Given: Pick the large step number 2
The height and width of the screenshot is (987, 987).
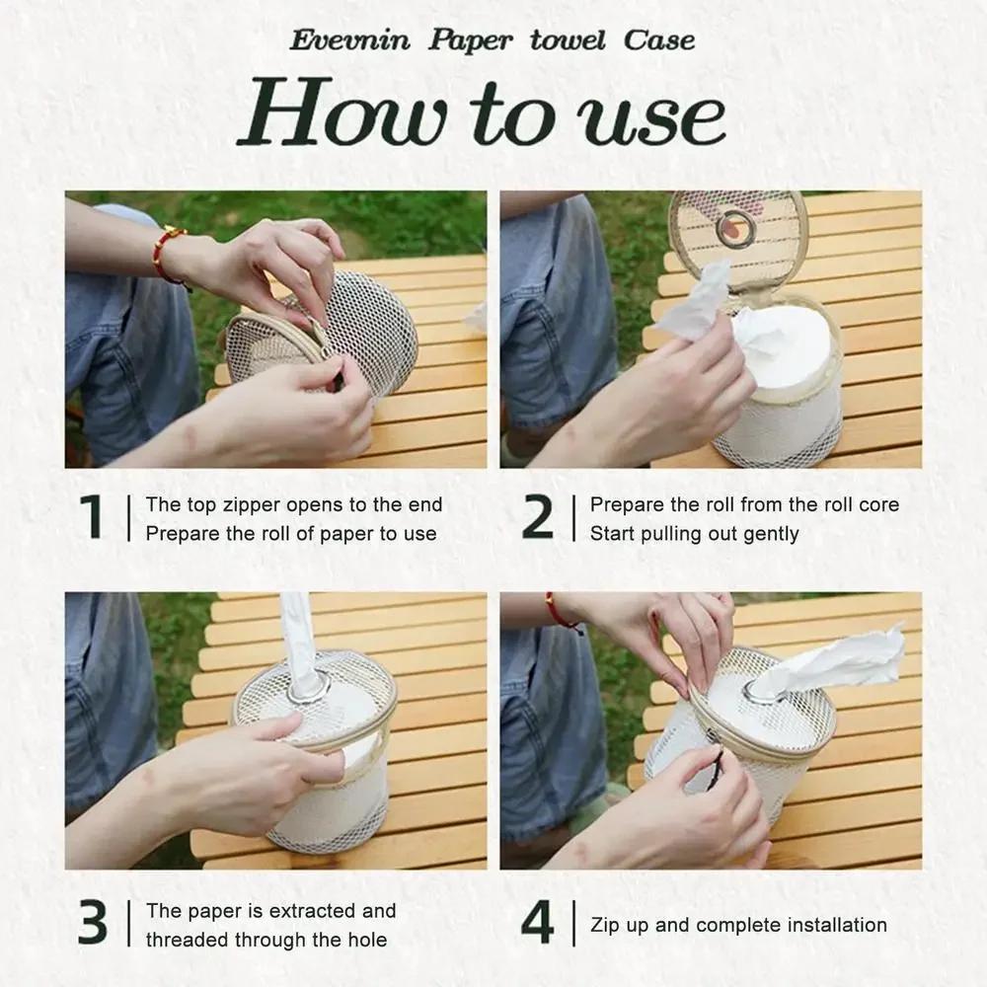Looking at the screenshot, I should [x=537, y=517].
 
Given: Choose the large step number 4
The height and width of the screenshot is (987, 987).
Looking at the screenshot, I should [x=537, y=923].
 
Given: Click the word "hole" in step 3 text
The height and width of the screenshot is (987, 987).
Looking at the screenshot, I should [x=363, y=940].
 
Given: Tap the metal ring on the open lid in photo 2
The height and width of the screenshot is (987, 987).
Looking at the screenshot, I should [x=736, y=229].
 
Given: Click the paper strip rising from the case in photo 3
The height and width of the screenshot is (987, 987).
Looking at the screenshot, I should [x=298, y=637].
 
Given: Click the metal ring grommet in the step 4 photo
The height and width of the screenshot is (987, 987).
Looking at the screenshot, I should [x=761, y=690].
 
